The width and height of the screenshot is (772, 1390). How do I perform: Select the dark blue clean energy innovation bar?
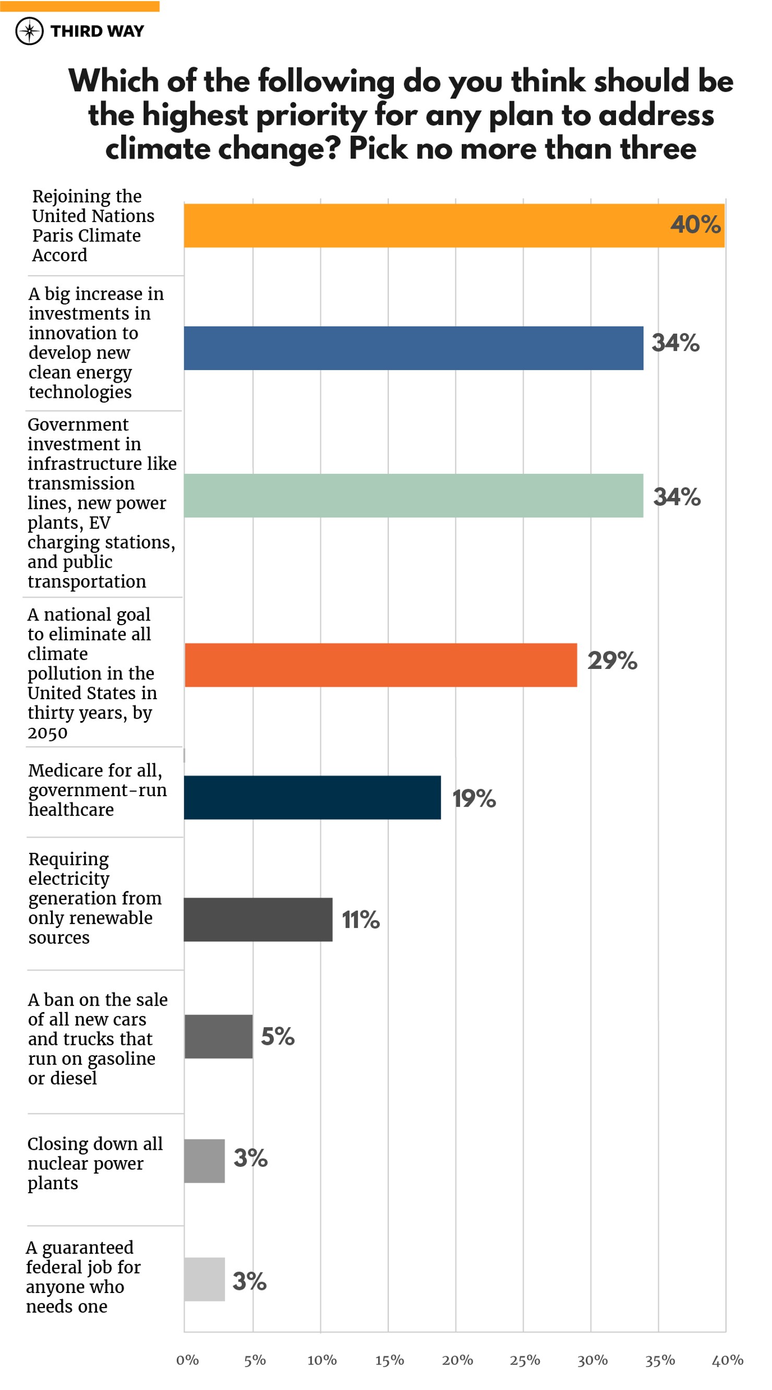click(x=413, y=348)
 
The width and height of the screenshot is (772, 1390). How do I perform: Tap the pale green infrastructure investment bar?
click(x=413, y=495)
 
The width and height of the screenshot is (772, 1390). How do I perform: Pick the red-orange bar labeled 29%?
click(x=381, y=665)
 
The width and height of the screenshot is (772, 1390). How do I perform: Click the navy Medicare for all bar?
click(x=312, y=797)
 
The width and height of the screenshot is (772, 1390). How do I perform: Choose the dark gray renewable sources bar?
click(x=258, y=920)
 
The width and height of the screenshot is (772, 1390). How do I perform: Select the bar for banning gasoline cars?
click(x=218, y=1036)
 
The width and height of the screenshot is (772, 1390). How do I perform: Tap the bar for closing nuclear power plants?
click(x=204, y=1161)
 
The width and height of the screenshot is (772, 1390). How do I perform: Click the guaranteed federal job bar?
click(x=204, y=1279)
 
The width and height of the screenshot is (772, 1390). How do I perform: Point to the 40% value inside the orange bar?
click(x=695, y=225)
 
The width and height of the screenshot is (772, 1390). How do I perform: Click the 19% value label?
click(x=474, y=798)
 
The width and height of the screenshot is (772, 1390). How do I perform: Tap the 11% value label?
click(x=360, y=920)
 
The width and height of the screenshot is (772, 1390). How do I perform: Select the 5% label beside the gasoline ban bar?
click(x=278, y=1036)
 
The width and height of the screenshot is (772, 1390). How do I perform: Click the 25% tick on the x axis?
click(x=524, y=1360)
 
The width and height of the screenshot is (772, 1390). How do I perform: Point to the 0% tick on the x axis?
click(x=187, y=1360)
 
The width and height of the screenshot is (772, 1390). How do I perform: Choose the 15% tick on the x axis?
click(x=389, y=1360)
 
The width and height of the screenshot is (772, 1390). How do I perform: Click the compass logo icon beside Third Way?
click(x=29, y=31)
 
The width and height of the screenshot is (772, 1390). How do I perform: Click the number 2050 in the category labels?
click(x=47, y=733)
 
